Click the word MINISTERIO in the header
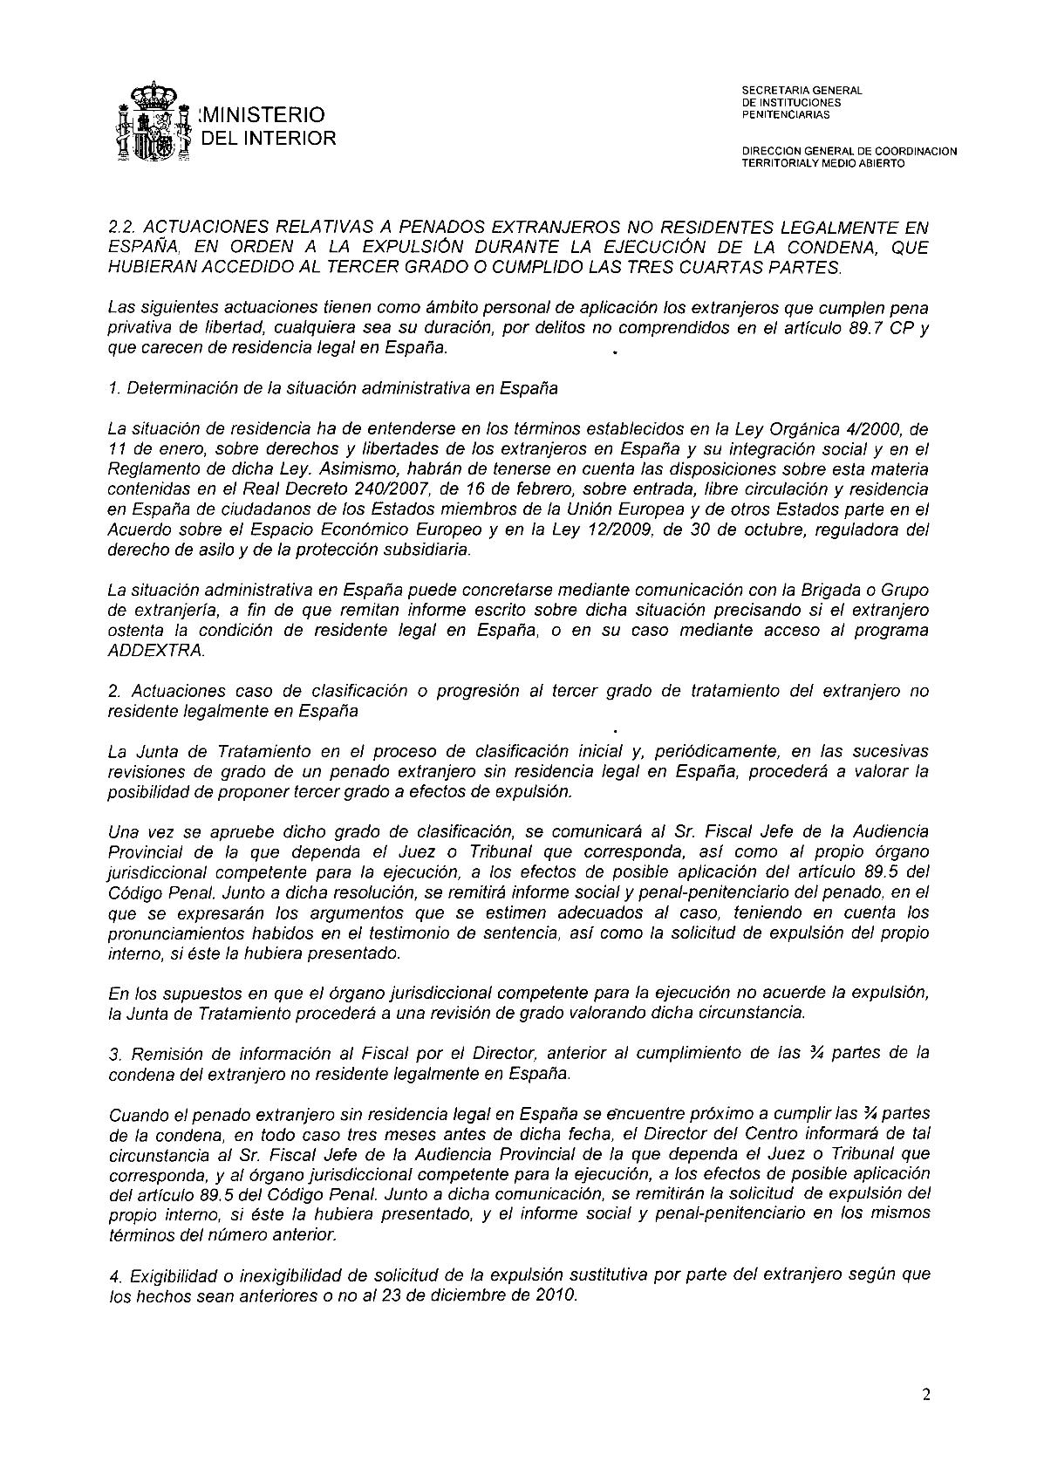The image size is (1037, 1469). [263, 115]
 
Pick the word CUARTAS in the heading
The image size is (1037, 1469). [713, 268]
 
